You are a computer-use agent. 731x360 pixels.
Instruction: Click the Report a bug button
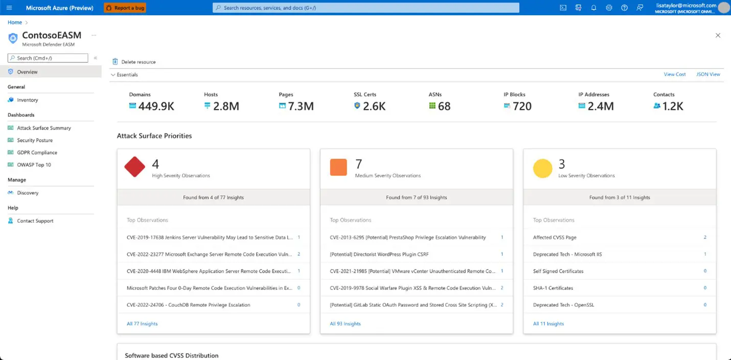(125, 8)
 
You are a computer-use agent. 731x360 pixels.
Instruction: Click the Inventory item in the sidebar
(28, 100)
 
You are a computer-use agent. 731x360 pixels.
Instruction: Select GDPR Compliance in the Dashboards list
(37, 152)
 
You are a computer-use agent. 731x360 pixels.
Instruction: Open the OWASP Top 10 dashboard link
(34, 165)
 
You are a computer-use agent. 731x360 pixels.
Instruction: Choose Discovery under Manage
(28, 193)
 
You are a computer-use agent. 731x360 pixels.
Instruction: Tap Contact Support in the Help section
(35, 221)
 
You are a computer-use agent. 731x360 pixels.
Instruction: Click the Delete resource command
(138, 62)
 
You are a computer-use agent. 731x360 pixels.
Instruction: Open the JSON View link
(708, 74)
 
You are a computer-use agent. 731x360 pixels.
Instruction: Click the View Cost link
(675, 74)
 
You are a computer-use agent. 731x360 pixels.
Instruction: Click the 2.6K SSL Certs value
(374, 106)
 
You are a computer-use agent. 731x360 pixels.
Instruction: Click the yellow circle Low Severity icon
(542, 168)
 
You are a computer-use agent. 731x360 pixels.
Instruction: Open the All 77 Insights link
(142, 324)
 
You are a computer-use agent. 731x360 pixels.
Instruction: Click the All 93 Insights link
(345, 324)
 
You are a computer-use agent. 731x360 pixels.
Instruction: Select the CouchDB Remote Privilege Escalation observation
(189, 305)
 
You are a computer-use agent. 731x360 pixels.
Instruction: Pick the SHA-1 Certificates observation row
(553, 288)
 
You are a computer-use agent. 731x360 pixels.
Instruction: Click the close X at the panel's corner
(718, 35)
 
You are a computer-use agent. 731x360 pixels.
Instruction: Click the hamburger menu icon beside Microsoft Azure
(9, 8)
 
